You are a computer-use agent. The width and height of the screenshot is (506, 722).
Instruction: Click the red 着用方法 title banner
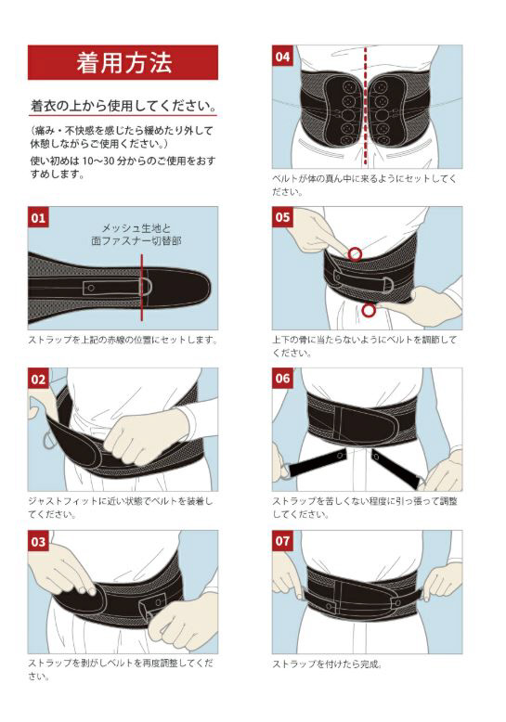[x=123, y=62]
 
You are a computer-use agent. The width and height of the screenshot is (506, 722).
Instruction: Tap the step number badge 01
[x=38, y=217]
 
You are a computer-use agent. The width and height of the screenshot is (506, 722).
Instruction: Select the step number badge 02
[x=38, y=379]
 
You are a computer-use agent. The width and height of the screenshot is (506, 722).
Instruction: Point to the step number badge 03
[x=38, y=541]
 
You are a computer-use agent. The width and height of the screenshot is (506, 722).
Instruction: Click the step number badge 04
[x=282, y=57]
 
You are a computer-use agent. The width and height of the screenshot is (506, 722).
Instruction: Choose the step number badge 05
[x=282, y=217]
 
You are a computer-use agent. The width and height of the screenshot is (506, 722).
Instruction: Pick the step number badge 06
[x=282, y=379]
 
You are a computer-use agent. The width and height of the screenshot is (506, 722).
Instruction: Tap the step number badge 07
[x=282, y=541]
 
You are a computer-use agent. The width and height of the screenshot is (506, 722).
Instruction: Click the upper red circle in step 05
[x=355, y=253]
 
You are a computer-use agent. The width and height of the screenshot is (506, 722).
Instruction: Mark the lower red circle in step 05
[x=368, y=310]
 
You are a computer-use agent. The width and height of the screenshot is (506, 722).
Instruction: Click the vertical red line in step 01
[x=141, y=288]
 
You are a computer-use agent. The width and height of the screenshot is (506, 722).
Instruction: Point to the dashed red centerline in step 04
[x=366, y=106]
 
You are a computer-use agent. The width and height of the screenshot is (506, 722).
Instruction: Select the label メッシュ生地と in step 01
[x=136, y=228]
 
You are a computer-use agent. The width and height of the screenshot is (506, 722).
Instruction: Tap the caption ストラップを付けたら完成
[x=327, y=664]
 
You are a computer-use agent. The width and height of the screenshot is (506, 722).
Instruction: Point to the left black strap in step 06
[x=316, y=462]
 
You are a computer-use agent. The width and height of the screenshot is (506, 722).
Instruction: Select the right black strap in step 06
[x=395, y=469]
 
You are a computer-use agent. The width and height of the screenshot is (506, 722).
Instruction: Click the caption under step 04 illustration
[x=364, y=185]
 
